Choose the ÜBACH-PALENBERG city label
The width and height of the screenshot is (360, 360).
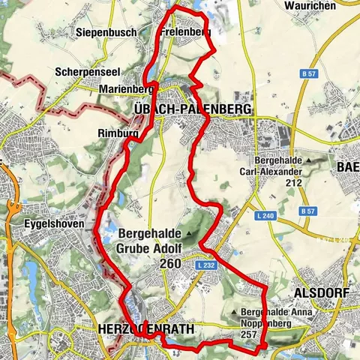coord(191,109)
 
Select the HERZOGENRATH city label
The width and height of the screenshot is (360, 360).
coord(145,329)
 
